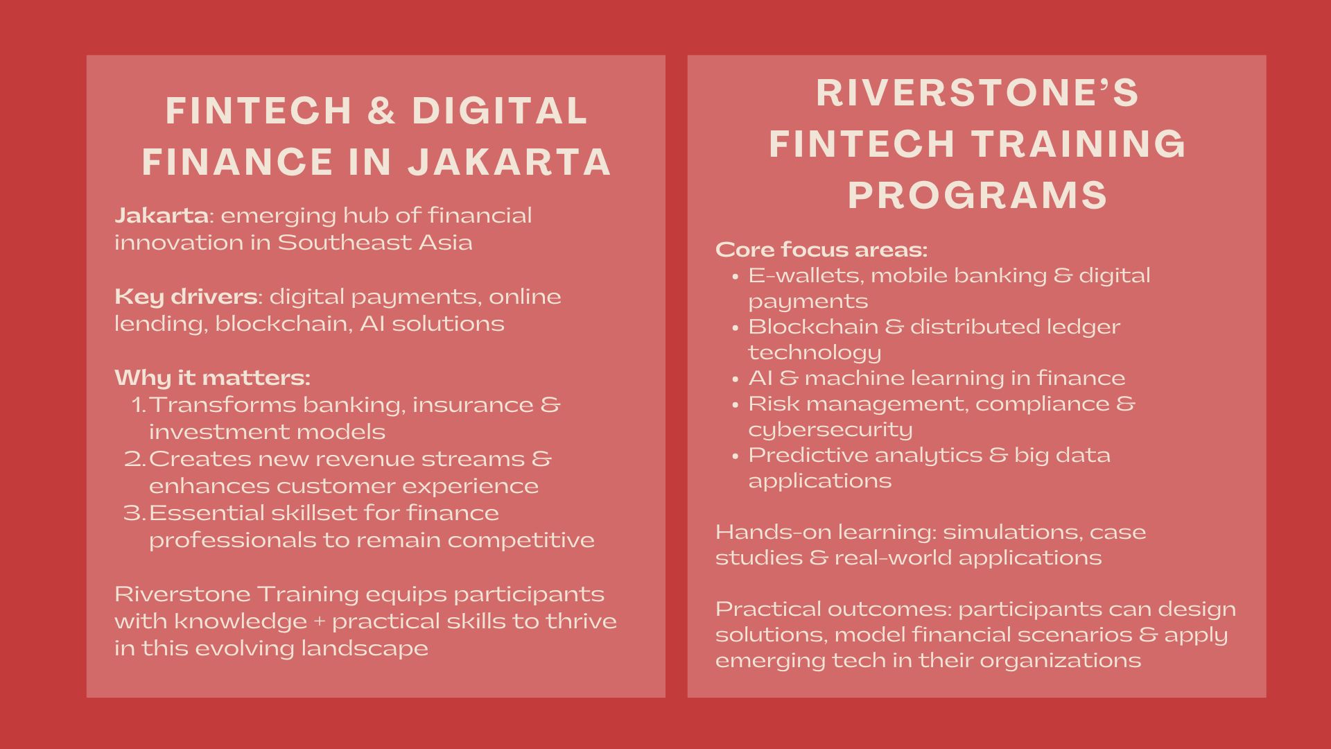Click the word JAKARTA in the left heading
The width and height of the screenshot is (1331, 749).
pos(510,162)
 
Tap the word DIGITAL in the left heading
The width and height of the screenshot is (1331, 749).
pos(500,111)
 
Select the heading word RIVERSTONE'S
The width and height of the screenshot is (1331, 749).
pos(977,93)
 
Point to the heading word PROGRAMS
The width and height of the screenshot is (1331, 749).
pos(977,195)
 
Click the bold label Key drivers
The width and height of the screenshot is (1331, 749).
pos(186,297)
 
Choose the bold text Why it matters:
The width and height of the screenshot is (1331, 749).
pos(212,378)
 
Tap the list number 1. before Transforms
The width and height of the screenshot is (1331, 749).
pos(139,405)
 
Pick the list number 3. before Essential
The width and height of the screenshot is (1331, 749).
pos(134,513)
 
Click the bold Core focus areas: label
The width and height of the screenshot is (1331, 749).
pos(821,250)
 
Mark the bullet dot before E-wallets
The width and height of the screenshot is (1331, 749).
pos(735,277)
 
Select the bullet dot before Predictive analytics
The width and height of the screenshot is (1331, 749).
pos(735,456)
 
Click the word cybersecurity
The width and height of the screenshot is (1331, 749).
pos(830,430)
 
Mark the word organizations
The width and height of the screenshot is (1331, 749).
pos(1060,660)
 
